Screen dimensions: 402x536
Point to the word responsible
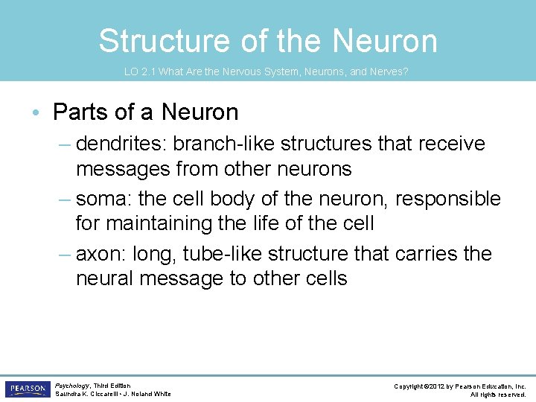point(448,199)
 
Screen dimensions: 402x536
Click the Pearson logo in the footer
point(27,389)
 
